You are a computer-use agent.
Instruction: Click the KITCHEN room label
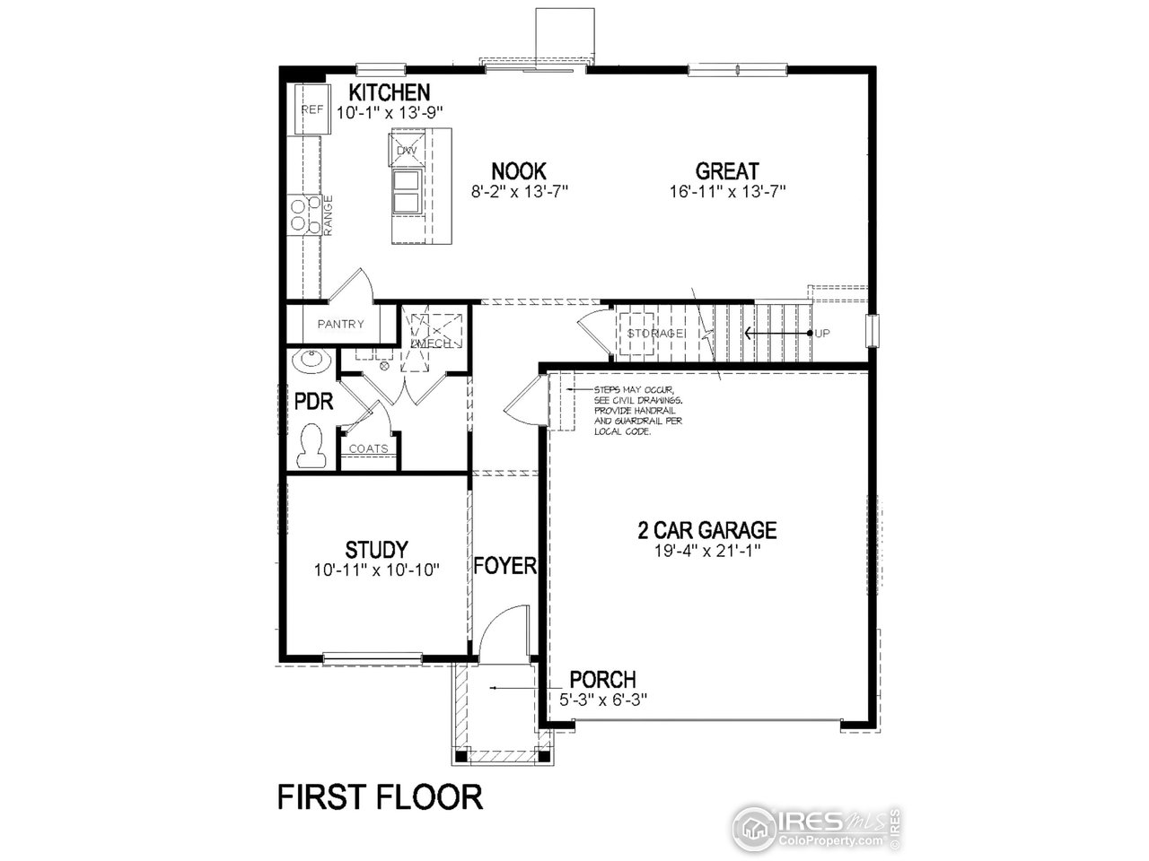(390, 92)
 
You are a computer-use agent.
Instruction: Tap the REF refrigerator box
(311, 109)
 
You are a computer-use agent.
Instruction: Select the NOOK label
(519, 171)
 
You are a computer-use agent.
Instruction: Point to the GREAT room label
(727, 171)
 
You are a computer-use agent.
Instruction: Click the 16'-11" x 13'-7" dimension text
(727, 191)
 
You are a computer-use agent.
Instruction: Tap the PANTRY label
(340, 325)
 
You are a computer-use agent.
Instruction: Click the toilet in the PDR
(311, 446)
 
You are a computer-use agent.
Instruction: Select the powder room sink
(311, 362)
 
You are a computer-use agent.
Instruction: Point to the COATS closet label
(368, 448)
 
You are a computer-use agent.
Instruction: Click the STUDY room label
(376, 549)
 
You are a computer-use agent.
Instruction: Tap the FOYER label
(504, 566)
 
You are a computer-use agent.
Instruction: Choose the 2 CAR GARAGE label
(707, 531)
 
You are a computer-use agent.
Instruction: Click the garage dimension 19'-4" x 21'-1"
(707, 551)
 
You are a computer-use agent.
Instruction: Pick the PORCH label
(602, 680)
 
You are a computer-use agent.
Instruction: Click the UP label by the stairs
(822, 334)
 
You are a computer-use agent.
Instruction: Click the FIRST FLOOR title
(380, 796)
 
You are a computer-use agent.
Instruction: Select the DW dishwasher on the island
(407, 151)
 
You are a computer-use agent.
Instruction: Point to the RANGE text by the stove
(328, 215)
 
